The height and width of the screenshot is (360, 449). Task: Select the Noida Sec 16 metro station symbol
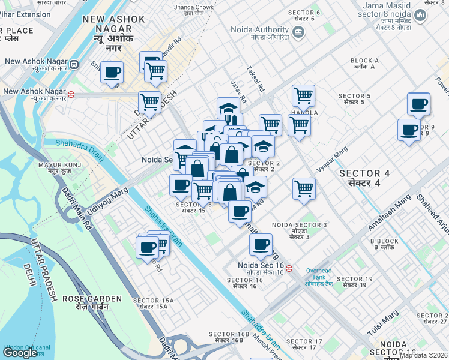point(289,268)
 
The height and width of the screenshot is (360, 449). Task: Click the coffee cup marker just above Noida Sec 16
point(261,244)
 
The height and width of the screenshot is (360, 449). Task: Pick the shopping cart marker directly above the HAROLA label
point(303,95)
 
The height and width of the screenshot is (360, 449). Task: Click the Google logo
point(20,353)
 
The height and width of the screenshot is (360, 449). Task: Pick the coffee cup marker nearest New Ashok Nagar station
point(112,73)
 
